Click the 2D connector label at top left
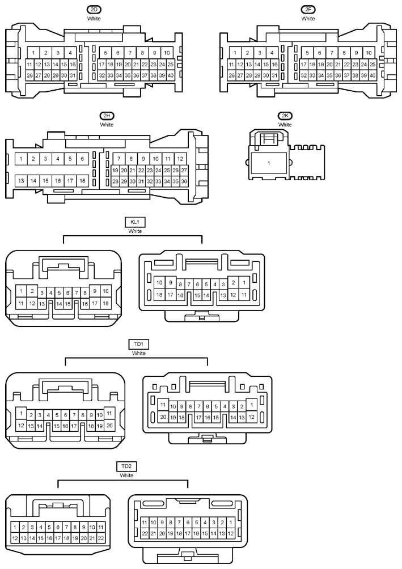94,10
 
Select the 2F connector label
308,10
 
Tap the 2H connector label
107,116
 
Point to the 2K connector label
285,116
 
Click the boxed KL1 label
135,222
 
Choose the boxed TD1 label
139,344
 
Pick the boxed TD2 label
126,466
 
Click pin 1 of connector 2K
269,163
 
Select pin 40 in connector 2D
170,75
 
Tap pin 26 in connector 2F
231,75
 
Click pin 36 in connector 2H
184,181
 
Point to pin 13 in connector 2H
21,181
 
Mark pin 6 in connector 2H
82,159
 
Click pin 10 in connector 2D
167,53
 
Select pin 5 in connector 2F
307,53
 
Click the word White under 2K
285,125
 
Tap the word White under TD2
126,475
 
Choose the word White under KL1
135,231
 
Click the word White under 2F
308,19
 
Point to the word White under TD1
139,353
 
